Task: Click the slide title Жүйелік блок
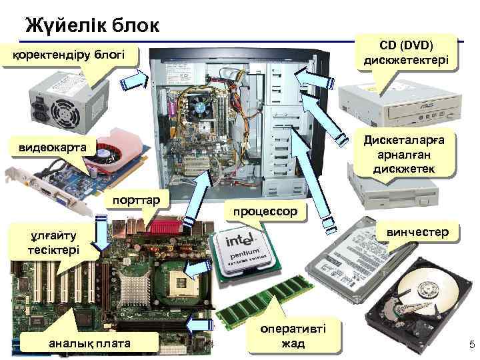(x=92, y=25)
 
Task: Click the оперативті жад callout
(x=293, y=337)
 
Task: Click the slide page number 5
(x=471, y=345)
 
